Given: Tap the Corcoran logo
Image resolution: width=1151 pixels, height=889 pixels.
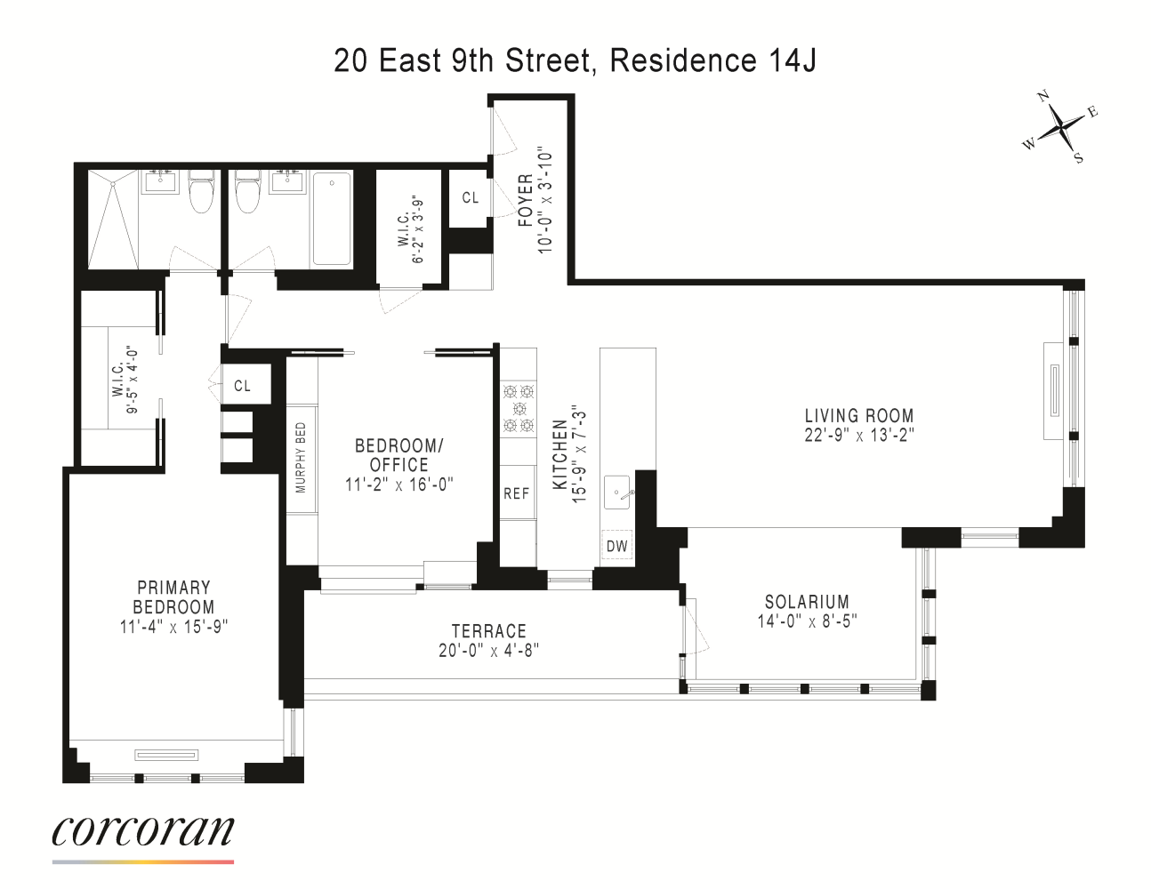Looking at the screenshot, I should (x=143, y=831).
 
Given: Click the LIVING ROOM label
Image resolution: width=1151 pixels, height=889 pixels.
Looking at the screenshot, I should (x=858, y=415).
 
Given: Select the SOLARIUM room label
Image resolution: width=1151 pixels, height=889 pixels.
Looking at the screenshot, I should (x=807, y=602).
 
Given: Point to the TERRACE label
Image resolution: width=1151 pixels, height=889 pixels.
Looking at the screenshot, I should (x=488, y=631).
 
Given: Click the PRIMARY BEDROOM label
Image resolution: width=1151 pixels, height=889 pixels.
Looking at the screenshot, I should (x=173, y=597).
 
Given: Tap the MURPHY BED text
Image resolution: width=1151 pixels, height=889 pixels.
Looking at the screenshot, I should (x=301, y=457).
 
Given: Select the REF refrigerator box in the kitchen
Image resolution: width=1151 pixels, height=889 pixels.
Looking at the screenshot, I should (x=516, y=493).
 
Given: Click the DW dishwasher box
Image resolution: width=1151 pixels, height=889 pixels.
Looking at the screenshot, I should (x=616, y=546).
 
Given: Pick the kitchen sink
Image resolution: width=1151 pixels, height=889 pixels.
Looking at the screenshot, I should (x=617, y=493).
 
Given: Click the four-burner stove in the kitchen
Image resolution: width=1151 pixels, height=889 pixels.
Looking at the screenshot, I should (x=518, y=409).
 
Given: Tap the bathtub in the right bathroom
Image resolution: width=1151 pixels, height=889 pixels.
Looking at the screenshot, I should (x=332, y=219).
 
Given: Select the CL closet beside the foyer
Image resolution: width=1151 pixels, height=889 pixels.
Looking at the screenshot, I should (x=470, y=197).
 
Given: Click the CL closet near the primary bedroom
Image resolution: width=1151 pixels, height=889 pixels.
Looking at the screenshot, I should (x=242, y=386).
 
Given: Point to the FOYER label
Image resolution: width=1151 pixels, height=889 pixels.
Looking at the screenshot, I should (x=525, y=201).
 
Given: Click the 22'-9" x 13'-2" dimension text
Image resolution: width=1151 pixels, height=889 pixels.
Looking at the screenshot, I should (x=858, y=435).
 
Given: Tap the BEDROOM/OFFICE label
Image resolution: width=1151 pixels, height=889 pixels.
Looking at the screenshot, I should (x=398, y=455).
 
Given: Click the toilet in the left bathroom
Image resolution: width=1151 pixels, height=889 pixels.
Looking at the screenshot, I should (x=202, y=192).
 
